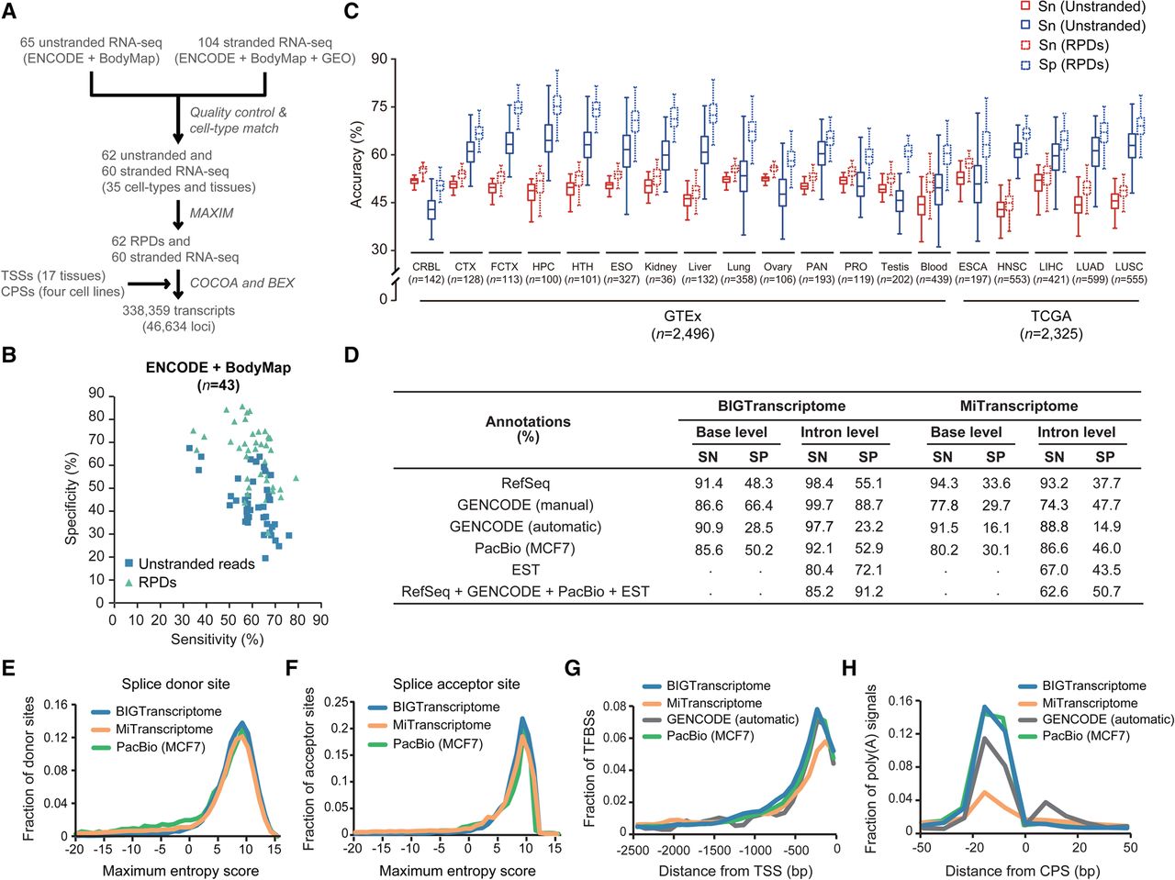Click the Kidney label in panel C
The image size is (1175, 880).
pyautogui.click(x=661, y=266)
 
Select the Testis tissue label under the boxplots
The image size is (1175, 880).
pyautogui.click(x=894, y=266)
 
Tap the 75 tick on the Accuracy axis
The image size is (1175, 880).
pyautogui.click(x=379, y=106)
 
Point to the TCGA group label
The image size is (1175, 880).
pyautogui.click(x=1051, y=316)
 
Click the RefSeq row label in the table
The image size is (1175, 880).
pyautogui.click(x=525, y=483)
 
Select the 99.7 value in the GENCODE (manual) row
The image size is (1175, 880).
pyautogui.click(x=819, y=505)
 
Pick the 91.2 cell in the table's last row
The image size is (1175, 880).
pyautogui.click(x=868, y=592)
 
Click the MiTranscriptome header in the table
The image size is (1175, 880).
pyautogui.click(x=1019, y=406)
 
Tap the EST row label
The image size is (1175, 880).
pyautogui.click(x=525, y=570)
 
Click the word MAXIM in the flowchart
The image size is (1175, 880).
pyautogui.click(x=211, y=213)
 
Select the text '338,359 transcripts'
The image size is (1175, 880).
pyautogui.click(x=178, y=310)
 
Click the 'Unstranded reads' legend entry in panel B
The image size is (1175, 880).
pyautogui.click(x=190, y=563)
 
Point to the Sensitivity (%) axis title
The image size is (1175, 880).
pyautogui.click(x=218, y=640)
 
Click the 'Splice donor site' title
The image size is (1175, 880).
pyautogui.click(x=175, y=684)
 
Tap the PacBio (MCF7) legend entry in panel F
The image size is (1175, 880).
pyautogui.click(x=427, y=743)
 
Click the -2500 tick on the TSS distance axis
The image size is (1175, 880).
pyautogui.click(x=632, y=849)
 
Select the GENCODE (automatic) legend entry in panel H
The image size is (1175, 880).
pyautogui.click(x=1097, y=719)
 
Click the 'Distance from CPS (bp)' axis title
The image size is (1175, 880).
pyautogui.click(x=1022, y=871)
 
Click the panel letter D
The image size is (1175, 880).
pyautogui.click(x=352, y=355)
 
